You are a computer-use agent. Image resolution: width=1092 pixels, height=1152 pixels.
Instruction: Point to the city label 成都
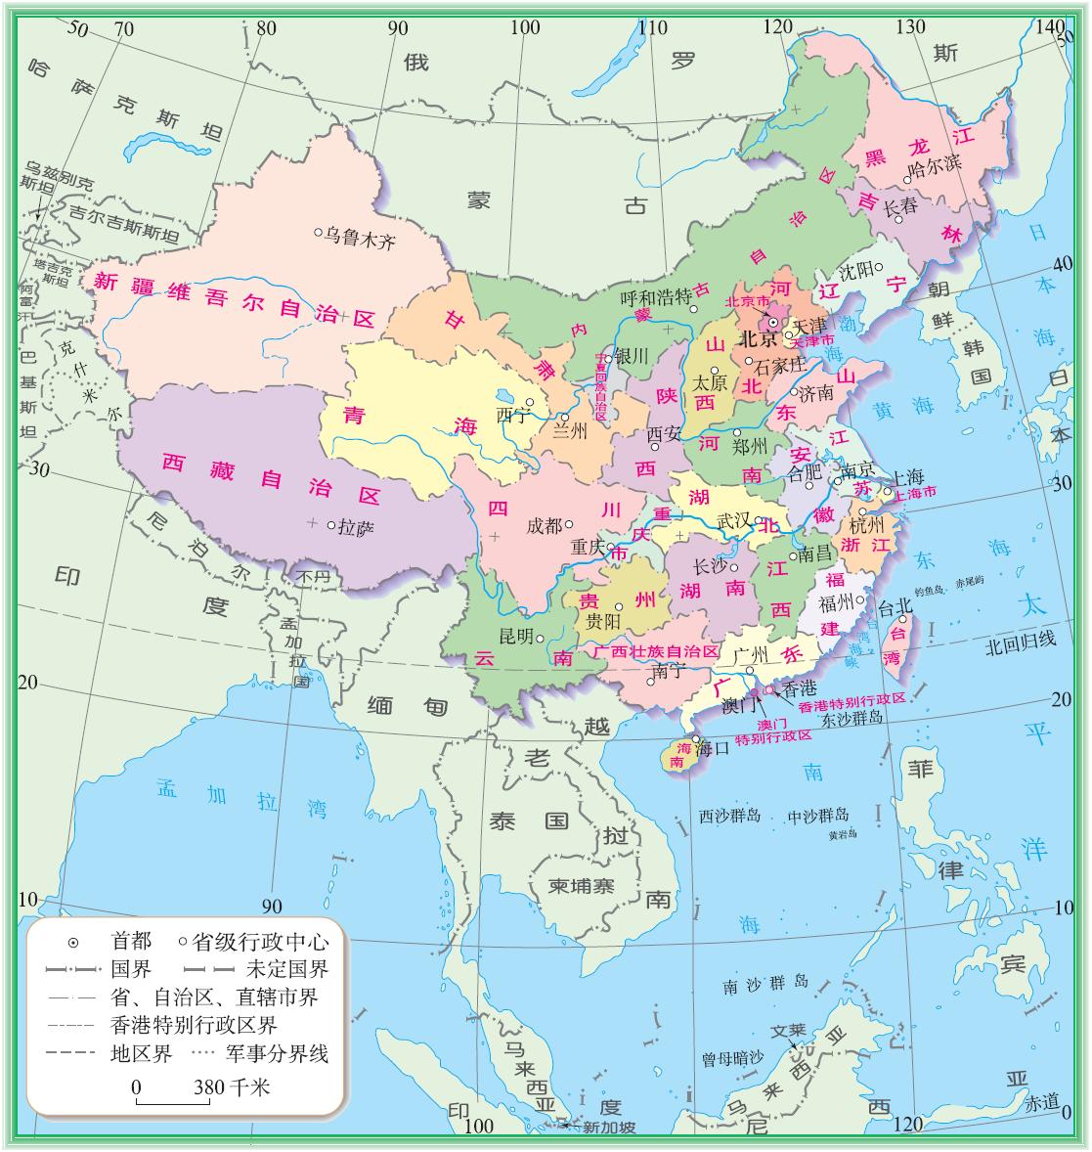(x=545, y=525)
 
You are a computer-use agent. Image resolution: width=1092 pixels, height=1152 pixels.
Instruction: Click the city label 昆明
(x=517, y=636)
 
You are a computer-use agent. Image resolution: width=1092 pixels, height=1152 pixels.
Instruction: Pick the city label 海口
(x=714, y=750)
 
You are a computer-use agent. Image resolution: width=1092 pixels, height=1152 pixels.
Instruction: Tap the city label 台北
(x=895, y=606)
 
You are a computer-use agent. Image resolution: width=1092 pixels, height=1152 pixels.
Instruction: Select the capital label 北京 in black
(x=758, y=339)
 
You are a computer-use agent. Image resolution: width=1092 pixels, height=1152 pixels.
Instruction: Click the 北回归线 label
(x=1021, y=641)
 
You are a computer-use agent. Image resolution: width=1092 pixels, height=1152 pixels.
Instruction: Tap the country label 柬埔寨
(x=581, y=886)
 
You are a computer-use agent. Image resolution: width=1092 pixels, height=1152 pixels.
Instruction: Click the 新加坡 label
(x=609, y=1128)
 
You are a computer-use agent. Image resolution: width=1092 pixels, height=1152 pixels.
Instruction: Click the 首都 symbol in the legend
(x=73, y=943)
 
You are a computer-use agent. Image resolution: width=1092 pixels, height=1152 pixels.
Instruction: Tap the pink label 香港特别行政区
(x=852, y=699)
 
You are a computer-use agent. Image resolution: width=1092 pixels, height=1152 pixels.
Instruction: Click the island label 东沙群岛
(x=852, y=718)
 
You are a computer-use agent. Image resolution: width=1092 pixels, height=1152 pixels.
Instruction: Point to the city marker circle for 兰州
(x=565, y=417)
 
